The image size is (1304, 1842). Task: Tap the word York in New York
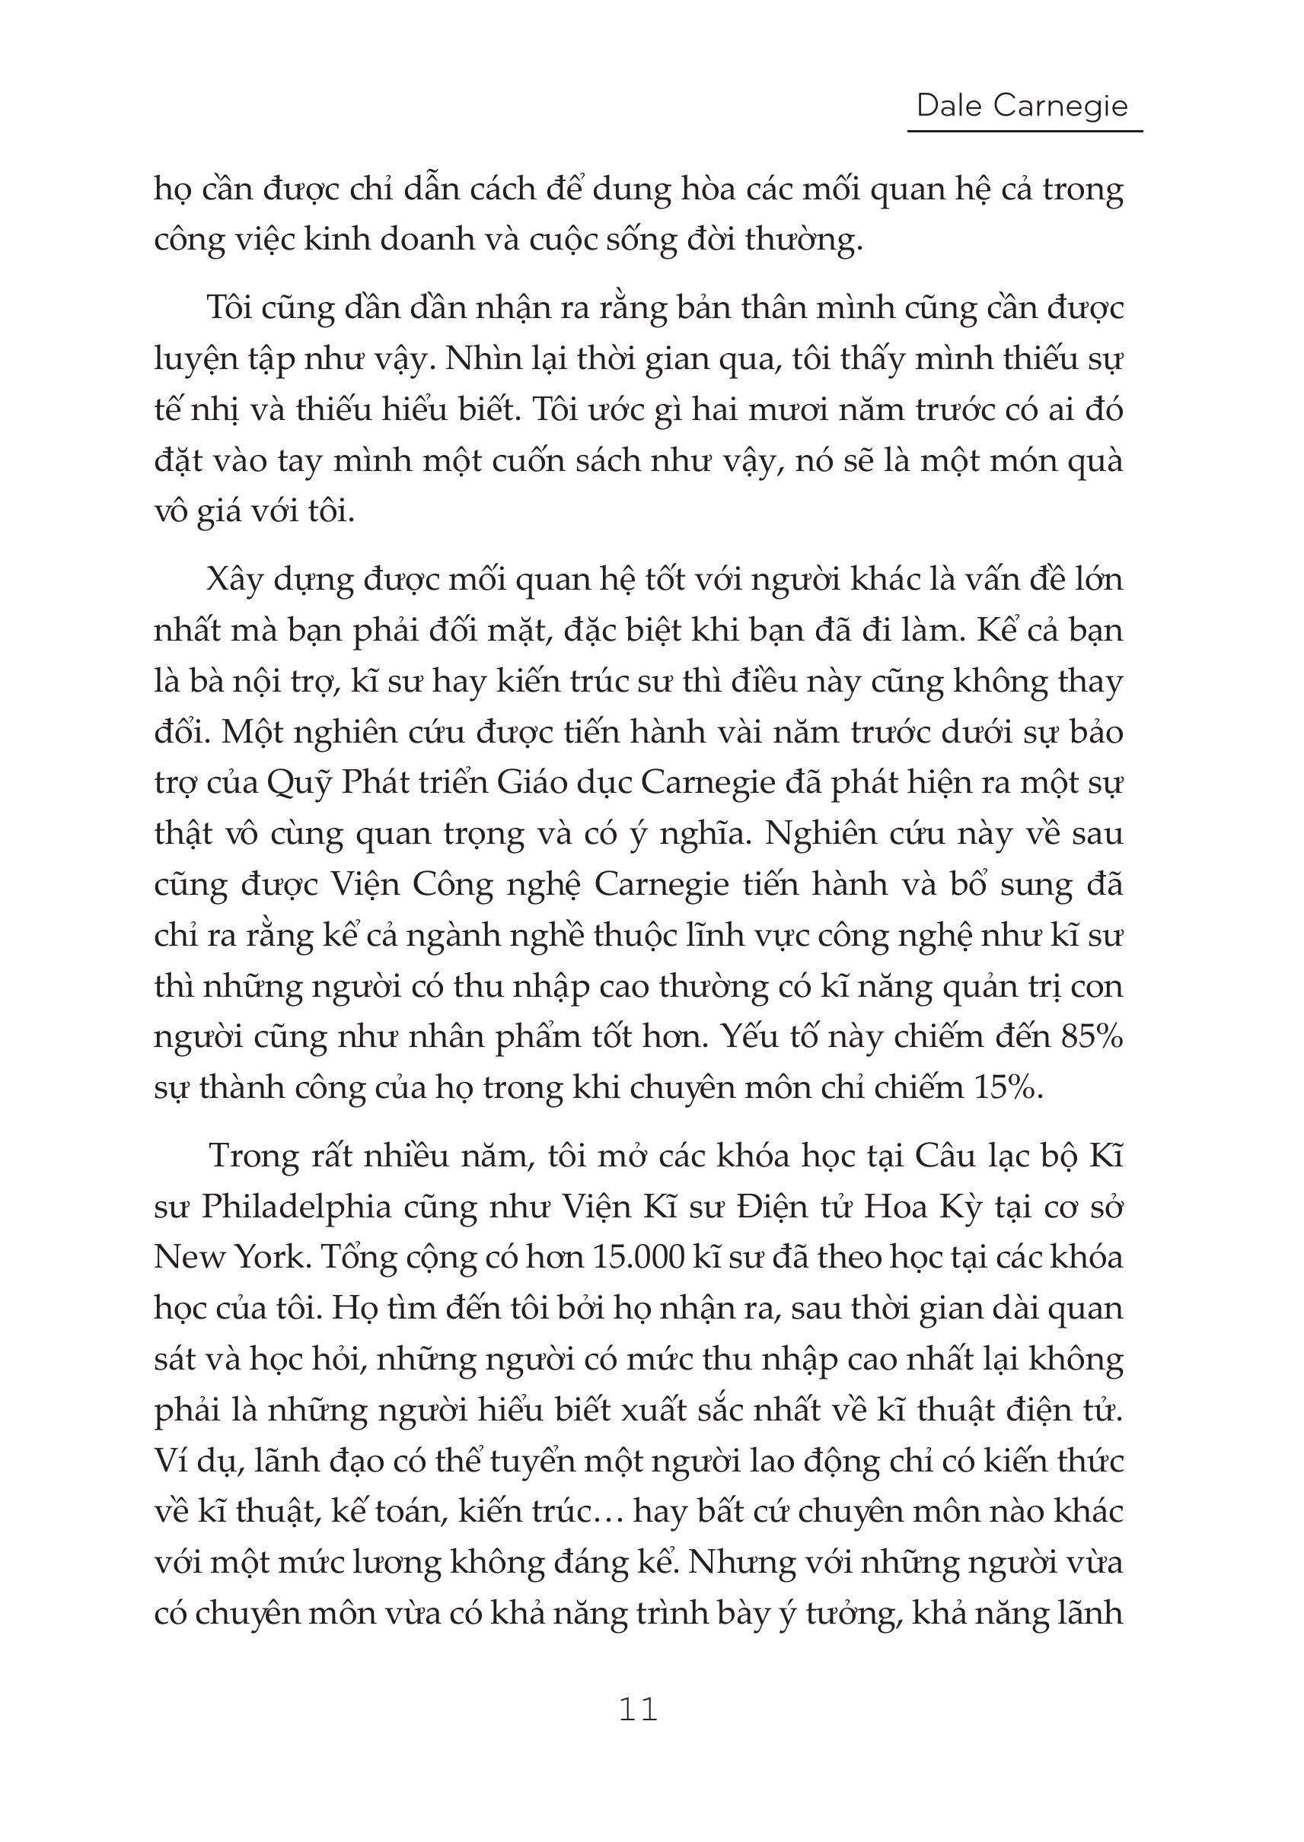[x=272, y=1257]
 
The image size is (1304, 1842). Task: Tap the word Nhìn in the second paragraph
[x=479, y=359]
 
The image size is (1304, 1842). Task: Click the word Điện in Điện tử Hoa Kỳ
[x=779, y=1207]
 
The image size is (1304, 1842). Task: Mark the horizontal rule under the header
[x=1025, y=131]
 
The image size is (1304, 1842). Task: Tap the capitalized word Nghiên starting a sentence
[x=819, y=834]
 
